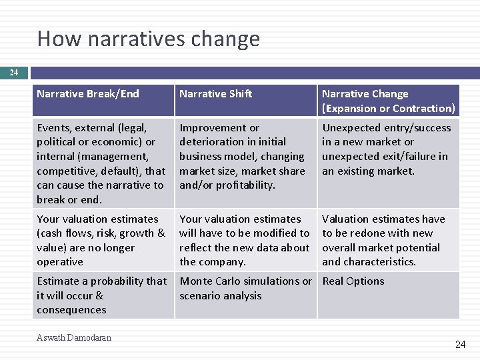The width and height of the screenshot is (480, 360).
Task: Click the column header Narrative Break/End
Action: [x=88, y=94]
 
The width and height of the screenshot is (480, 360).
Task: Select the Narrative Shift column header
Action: [x=216, y=94]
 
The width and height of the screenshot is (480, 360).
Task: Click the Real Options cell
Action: [x=353, y=281]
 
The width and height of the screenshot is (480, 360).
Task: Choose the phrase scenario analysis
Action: [x=221, y=296]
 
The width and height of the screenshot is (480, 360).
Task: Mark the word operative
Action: [x=60, y=262]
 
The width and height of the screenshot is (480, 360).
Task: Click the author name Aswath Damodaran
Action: [x=74, y=338]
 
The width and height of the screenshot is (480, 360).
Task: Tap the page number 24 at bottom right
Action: [x=460, y=345]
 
